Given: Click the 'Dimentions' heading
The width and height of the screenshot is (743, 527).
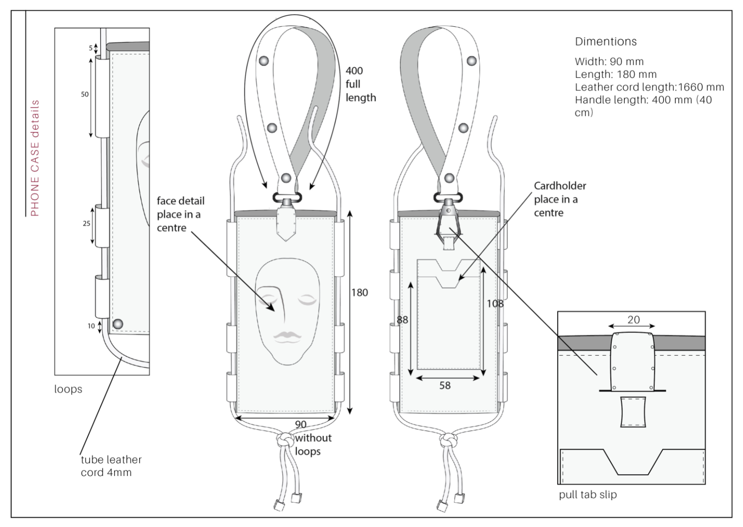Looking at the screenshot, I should (606, 42).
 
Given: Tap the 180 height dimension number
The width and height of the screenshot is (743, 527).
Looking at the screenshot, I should (359, 292).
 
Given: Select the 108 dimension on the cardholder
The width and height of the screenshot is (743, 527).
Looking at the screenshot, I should (495, 303).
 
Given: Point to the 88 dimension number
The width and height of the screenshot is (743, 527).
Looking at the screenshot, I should (402, 320).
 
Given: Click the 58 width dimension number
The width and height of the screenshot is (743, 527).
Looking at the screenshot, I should (445, 386).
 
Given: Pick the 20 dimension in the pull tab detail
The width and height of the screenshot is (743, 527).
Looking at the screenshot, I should (633, 320).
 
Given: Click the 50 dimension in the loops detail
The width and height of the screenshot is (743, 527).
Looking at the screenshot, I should (85, 94).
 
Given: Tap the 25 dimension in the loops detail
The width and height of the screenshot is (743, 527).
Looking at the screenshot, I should (86, 224).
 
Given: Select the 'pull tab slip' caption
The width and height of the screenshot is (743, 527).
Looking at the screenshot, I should (588, 495).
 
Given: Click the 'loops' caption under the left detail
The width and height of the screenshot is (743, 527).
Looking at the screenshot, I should (68, 389).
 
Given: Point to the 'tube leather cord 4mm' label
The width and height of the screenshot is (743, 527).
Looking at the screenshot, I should (111, 466).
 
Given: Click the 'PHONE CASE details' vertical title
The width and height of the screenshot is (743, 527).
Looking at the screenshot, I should (35, 158).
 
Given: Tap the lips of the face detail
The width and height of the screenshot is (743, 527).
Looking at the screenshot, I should (286, 336).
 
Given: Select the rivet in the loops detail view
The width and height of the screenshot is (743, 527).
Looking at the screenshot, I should (118, 324).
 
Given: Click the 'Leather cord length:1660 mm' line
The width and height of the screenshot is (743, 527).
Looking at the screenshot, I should (649, 87).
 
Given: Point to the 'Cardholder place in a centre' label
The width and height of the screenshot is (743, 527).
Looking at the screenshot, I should (560, 199).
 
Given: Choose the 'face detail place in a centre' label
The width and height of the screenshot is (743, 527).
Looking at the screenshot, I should (180, 214).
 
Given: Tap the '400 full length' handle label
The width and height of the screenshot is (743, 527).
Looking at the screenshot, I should (360, 84).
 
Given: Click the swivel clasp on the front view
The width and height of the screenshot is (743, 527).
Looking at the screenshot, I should (286, 200).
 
